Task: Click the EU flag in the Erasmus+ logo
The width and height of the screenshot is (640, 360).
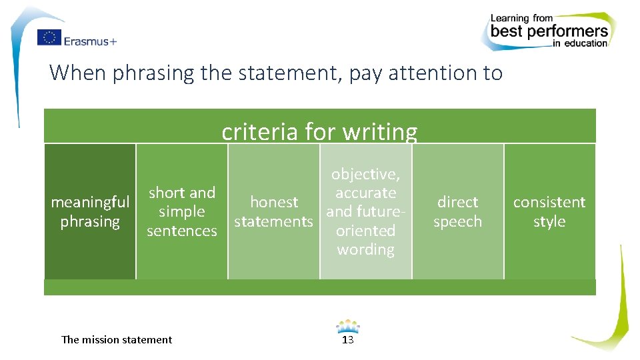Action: coord(49,38)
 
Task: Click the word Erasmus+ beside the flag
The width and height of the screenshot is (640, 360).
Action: coord(90,41)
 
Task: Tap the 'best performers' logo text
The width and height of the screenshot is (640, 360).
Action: coord(549,31)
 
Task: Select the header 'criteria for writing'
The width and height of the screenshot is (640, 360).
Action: coord(319,131)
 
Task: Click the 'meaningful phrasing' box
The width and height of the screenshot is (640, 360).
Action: coord(90,211)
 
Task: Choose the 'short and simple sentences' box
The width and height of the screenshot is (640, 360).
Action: coord(182,211)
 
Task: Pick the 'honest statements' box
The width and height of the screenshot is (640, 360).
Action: coord(274,211)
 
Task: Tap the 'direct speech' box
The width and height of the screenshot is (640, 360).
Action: coord(457,211)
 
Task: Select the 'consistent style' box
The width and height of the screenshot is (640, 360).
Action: coord(549,211)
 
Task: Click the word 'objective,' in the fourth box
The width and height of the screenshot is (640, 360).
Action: coord(365,174)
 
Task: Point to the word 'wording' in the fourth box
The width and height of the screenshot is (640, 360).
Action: coord(365,249)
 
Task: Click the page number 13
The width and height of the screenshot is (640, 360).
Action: coord(347,340)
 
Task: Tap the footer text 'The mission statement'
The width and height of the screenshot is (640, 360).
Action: coord(117,339)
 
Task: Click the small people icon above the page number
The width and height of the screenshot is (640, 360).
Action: coord(347,327)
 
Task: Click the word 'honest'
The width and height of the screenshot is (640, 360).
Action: coord(274,202)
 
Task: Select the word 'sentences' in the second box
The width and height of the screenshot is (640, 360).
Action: coord(182,231)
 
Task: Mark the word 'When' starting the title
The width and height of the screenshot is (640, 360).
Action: coord(78,72)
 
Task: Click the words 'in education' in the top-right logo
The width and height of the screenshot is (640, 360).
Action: coord(580,44)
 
